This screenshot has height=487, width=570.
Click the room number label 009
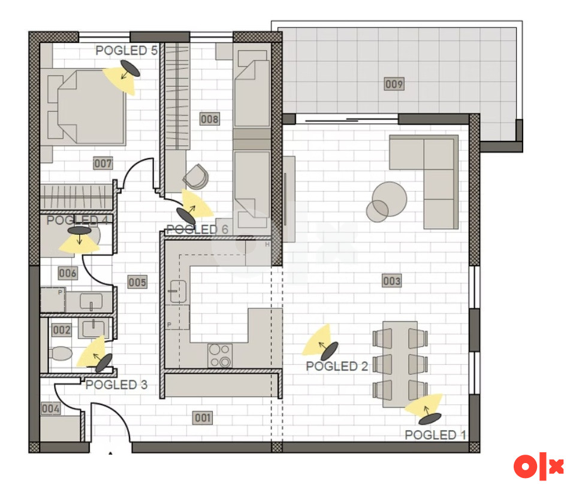(394, 84)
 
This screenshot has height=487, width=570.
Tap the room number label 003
(392, 281)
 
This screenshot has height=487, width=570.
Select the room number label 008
(210, 119)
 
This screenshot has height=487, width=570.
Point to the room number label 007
(103, 163)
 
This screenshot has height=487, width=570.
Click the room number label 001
(203, 418)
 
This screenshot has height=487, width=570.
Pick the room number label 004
(50, 409)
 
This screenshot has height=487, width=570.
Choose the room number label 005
(137, 282)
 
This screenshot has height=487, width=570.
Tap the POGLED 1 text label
(435, 435)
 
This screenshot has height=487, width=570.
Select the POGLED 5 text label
(126, 50)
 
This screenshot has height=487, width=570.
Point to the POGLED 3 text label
(116, 385)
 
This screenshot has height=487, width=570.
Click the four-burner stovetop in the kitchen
(220, 355)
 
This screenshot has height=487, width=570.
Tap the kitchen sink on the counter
(178, 292)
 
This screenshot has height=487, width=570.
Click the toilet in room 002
(60, 353)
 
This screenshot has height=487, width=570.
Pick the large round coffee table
(390, 199)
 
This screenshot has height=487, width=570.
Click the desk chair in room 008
(197, 177)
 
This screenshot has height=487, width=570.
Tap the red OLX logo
(539, 467)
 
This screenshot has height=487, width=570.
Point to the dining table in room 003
(400, 364)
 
